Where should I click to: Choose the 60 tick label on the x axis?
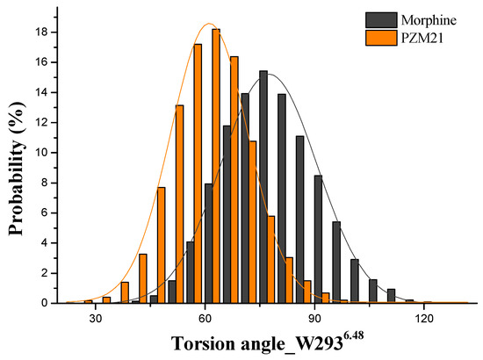pyautogui.click(x=205, y=320)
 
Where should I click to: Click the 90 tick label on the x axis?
pyautogui.click(x=314, y=320)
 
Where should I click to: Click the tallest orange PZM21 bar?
pyautogui.click(x=216, y=167)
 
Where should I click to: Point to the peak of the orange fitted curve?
pyautogui.click(x=209, y=24)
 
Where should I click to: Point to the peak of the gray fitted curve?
pyautogui.click(x=268, y=73)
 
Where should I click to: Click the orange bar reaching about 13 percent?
pyautogui.click(x=179, y=204)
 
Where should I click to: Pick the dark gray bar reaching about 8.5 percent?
pyautogui.click(x=318, y=239)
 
